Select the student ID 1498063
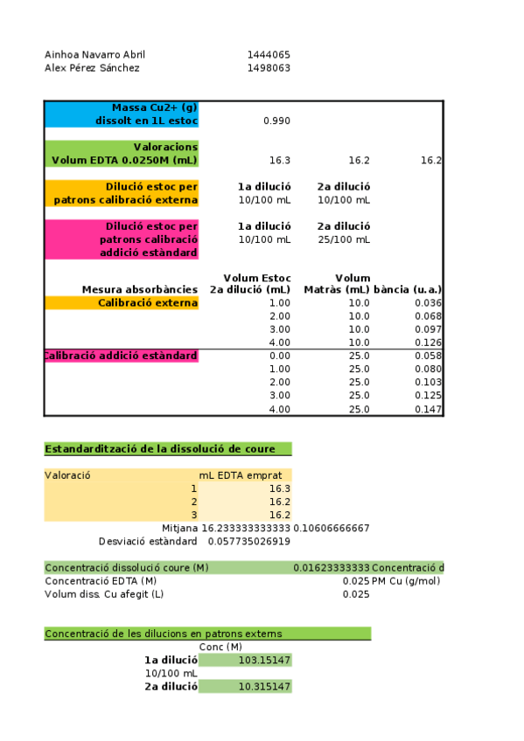click(x=269, y=67)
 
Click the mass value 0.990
click(x=276, y=121)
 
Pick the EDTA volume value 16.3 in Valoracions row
click(x=280, y=160)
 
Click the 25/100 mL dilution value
click(x=344, y=239)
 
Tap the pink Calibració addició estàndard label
click(x=122, y=356)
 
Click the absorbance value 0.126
click(x=430, y=343)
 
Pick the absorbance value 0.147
click(x=430, y=409)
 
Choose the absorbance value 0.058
click(x=430, y=356)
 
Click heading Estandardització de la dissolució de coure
click(x=160, y=449)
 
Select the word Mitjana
click(x=179, y=528)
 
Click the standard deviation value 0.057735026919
click(x=248, y=541)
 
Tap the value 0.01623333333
click(x=332, y=568)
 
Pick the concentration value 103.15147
click(x=264, y=660)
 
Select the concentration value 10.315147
click(x=264, y=687)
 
